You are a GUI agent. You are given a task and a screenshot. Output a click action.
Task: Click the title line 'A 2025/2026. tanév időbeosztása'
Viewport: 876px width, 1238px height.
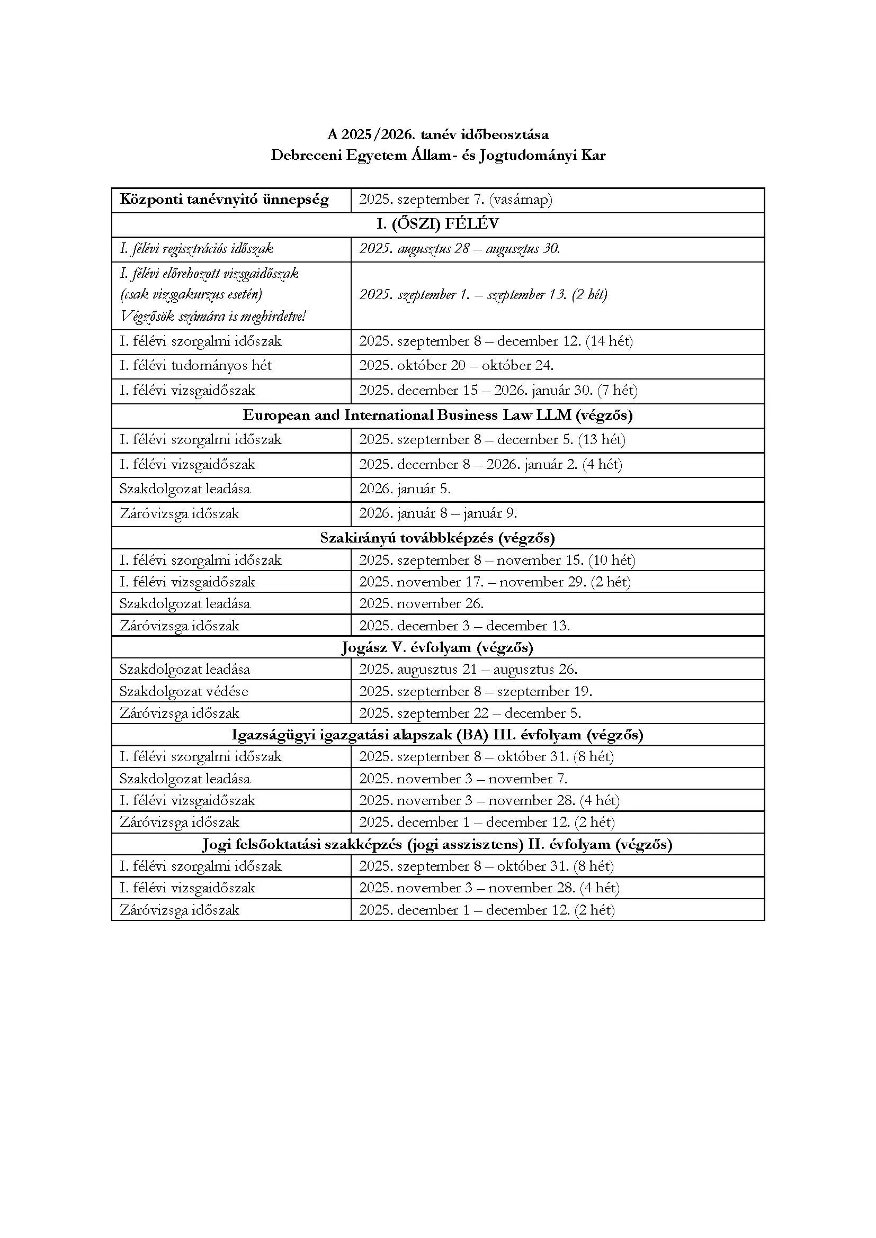click(x=437, y=134)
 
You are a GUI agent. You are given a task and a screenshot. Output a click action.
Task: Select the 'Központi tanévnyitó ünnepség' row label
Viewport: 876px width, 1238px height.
click(x=224, y=200)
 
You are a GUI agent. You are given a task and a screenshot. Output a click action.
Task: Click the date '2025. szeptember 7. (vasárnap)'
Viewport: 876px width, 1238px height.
click(x=456, y=200)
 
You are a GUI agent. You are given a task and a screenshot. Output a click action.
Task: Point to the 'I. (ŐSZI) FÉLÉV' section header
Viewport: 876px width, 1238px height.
click(x=437, y=224)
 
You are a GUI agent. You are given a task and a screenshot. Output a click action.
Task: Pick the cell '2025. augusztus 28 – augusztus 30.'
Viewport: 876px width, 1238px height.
click(x=460, y=249)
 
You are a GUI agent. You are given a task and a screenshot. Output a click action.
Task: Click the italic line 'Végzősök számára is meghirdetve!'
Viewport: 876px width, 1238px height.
click(x=212, y=316)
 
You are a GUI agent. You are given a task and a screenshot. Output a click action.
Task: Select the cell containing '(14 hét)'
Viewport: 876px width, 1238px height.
click(x=496, y=341)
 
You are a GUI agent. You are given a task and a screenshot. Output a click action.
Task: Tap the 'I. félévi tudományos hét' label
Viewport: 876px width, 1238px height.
click(x=195, y=366)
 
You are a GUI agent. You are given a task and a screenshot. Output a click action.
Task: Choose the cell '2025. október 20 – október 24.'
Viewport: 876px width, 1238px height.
click(x=457, y=366)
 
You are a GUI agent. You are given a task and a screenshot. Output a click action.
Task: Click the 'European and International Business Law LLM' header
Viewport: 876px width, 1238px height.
click(x=437, y=415)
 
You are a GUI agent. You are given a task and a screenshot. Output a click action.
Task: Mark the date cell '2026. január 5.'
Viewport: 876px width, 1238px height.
click(x=405, y=489)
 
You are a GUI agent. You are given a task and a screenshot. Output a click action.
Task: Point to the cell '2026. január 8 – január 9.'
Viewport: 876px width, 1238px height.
click(x=438, y=513)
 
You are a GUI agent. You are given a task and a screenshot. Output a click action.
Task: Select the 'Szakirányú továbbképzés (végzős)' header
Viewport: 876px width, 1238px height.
click(x=437, y=538)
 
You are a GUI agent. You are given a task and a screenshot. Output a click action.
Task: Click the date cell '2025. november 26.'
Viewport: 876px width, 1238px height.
click(x=421, y=603)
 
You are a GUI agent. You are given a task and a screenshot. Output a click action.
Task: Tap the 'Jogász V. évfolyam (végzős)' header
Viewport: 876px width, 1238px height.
click(x=437, y=647)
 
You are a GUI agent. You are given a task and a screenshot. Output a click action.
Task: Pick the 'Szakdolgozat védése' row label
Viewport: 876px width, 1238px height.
click(x=183, y=691)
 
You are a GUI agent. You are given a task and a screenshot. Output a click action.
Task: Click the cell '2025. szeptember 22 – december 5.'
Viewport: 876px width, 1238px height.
click(x=470, y=713)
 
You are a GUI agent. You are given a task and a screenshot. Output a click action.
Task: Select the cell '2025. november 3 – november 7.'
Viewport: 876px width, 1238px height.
click(x=463, y=779)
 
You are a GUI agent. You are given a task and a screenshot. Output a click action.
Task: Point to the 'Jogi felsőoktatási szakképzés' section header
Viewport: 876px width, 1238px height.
click(x=437, y=844)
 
